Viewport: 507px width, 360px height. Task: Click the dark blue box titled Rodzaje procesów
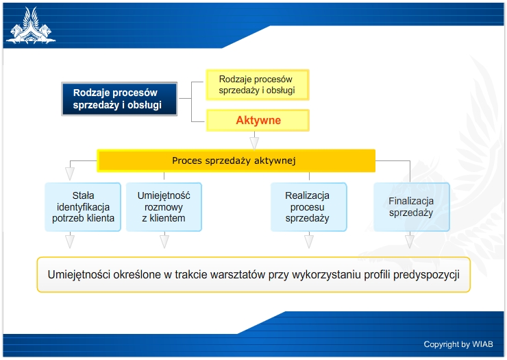119,99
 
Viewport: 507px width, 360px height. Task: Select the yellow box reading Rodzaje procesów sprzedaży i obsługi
258,85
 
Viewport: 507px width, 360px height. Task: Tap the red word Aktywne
258,120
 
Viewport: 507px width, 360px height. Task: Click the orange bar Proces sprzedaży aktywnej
236,160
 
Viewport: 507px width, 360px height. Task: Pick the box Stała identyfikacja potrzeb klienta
83,207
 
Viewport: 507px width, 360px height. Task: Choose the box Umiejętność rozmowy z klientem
164,207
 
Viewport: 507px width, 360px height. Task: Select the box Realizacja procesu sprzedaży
308,207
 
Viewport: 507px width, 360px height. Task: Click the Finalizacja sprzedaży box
412,207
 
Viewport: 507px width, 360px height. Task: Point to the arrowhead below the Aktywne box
254,143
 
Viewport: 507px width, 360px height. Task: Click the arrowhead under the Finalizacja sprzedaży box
410,241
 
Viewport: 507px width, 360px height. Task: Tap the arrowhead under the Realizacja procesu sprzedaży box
309,241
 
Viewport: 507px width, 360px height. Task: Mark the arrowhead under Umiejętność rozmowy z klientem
164,241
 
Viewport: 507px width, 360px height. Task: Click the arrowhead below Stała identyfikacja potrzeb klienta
70,241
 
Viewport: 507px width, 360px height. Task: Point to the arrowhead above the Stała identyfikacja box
70,173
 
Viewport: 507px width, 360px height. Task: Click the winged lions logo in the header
31,26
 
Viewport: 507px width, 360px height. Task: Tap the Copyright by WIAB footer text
458,344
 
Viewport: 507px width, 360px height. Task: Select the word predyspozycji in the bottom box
426,275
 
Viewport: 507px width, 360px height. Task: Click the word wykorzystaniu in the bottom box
326,275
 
